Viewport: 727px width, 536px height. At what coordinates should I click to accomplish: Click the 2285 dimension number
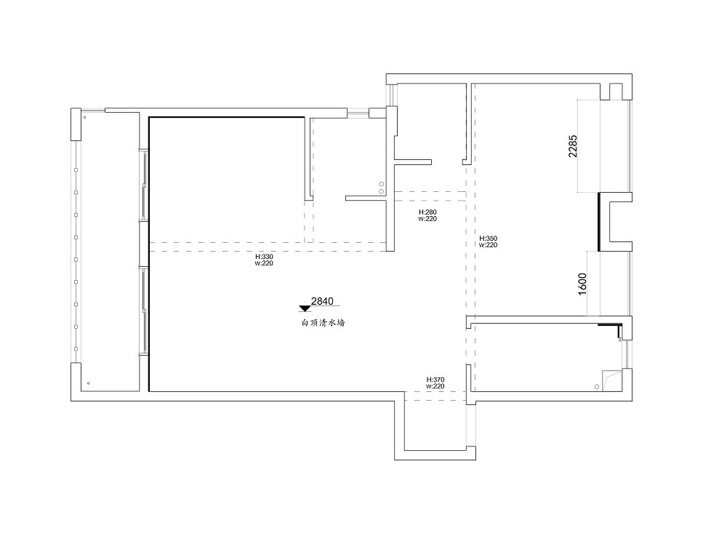(573, 146)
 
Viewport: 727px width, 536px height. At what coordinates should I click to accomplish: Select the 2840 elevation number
(322, 301)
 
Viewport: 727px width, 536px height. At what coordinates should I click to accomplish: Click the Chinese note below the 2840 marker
(324, 323)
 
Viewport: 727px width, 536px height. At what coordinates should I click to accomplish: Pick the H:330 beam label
(265, 260)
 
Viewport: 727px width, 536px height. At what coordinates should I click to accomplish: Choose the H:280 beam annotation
(427, 215)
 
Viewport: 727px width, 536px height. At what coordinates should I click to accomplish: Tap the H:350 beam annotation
(489, 241)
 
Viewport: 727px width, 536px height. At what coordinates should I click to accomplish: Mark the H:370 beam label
(435, 383)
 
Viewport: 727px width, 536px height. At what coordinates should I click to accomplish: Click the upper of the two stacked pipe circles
(382, 184)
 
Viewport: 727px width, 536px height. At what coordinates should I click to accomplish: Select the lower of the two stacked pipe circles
(382, 191)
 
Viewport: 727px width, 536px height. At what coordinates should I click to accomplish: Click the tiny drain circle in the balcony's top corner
(84, 117)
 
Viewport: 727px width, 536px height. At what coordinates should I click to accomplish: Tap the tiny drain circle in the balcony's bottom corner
(89, 383)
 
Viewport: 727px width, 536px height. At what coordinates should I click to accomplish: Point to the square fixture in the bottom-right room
(612, 380)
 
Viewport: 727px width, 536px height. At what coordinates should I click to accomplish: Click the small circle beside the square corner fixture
(597, 386)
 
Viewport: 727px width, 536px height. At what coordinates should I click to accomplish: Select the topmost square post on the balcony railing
(76, 170)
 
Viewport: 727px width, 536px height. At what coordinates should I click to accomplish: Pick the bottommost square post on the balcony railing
(76, 349)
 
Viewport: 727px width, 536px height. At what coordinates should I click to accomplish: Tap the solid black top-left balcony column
(76, 124)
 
